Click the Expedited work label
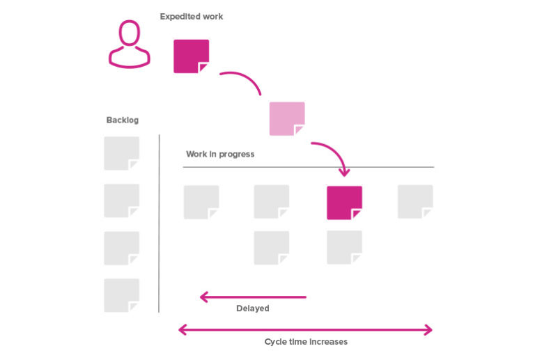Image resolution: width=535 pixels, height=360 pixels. coord(192,16)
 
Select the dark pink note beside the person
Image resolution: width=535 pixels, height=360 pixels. coord(191,56)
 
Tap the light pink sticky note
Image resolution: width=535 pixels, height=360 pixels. coord(287,119)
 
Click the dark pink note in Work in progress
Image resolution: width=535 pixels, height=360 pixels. coord(344,203)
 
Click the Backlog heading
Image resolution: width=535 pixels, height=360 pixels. coord(123,120)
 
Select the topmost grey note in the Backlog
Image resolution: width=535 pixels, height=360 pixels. coord(121,153)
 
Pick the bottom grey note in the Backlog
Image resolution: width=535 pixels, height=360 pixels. coord(121,295)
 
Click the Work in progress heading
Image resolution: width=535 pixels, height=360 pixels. coord(220,154)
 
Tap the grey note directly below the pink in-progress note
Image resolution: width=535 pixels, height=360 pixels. coord(344,247)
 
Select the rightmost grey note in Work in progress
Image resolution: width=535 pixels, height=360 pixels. coord(415,202)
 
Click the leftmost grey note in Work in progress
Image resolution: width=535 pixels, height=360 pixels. coord(201,202)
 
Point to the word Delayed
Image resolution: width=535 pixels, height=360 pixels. coord(252,308)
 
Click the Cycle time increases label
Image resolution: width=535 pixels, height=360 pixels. coord(306,342)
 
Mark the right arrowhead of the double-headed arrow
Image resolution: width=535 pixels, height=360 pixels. coord(428,329)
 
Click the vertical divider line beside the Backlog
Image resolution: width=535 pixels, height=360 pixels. coord(159,223)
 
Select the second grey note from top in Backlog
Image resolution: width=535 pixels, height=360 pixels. coord(121,201)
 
